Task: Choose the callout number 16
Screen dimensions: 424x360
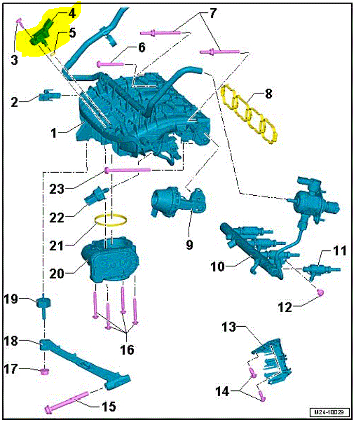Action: click(x=127, y=350)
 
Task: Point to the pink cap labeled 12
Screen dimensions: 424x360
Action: click(x=320, y=293)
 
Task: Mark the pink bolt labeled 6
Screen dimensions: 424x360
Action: click(x=111, y=64)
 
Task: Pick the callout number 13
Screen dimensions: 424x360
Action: click(x=228, y=327)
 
